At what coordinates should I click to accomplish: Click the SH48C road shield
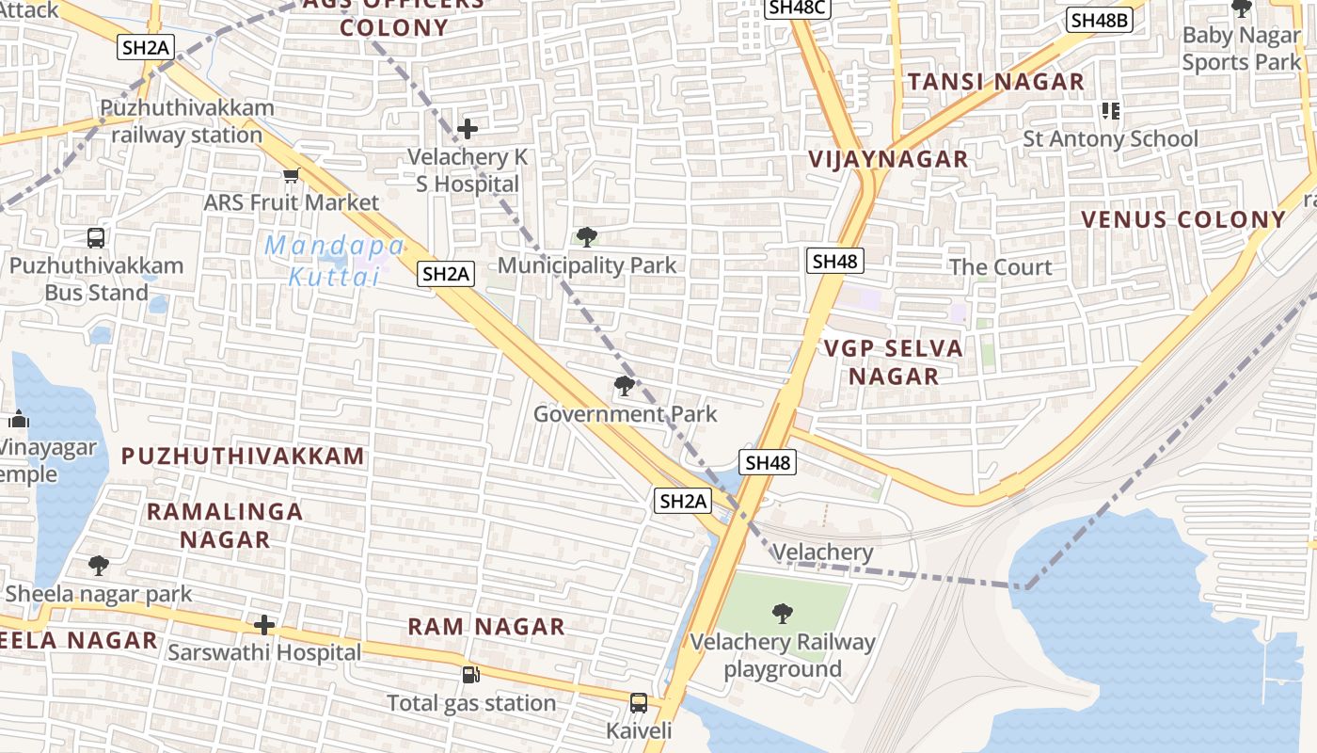point(796,8)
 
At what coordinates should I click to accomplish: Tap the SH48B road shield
point(1100,20)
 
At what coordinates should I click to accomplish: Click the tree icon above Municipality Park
point(587,236)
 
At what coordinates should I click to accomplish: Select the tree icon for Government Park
point(624,385)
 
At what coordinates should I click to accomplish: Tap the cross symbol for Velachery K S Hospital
point(467,129)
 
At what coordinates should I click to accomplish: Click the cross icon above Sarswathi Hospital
point(265,624)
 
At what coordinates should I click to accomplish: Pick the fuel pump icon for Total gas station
point(470,675)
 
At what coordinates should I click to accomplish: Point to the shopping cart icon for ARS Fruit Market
point(291,176)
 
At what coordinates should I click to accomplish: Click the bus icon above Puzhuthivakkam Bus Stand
point(96,238)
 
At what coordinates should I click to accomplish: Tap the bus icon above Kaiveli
point(639,703)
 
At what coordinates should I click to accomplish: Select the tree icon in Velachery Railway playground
point(782,615)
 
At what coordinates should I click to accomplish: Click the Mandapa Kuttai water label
point(335,262)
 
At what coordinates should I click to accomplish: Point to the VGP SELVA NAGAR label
point(894,362)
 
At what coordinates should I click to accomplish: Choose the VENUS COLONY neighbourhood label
point(1182,220)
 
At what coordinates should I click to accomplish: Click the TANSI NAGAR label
point(996,82)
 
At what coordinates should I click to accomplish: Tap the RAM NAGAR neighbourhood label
point(486,627)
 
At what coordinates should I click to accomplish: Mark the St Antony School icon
point(1111,111)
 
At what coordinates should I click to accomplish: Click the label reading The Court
point(1000,267)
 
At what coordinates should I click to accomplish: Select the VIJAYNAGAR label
point(888,159)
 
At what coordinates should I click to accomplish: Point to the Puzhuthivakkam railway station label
point(187,121)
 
